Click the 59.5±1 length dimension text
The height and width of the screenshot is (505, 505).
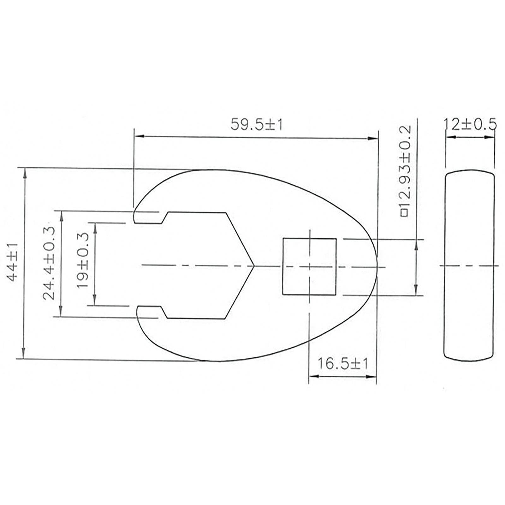coord(256,125)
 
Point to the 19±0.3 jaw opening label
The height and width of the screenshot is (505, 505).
coord(83,261)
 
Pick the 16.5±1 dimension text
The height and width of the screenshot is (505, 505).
coord(342,364)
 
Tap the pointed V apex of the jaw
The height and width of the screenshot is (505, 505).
coord(253,266)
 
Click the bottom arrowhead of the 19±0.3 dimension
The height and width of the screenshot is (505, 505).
coord(94,301)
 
